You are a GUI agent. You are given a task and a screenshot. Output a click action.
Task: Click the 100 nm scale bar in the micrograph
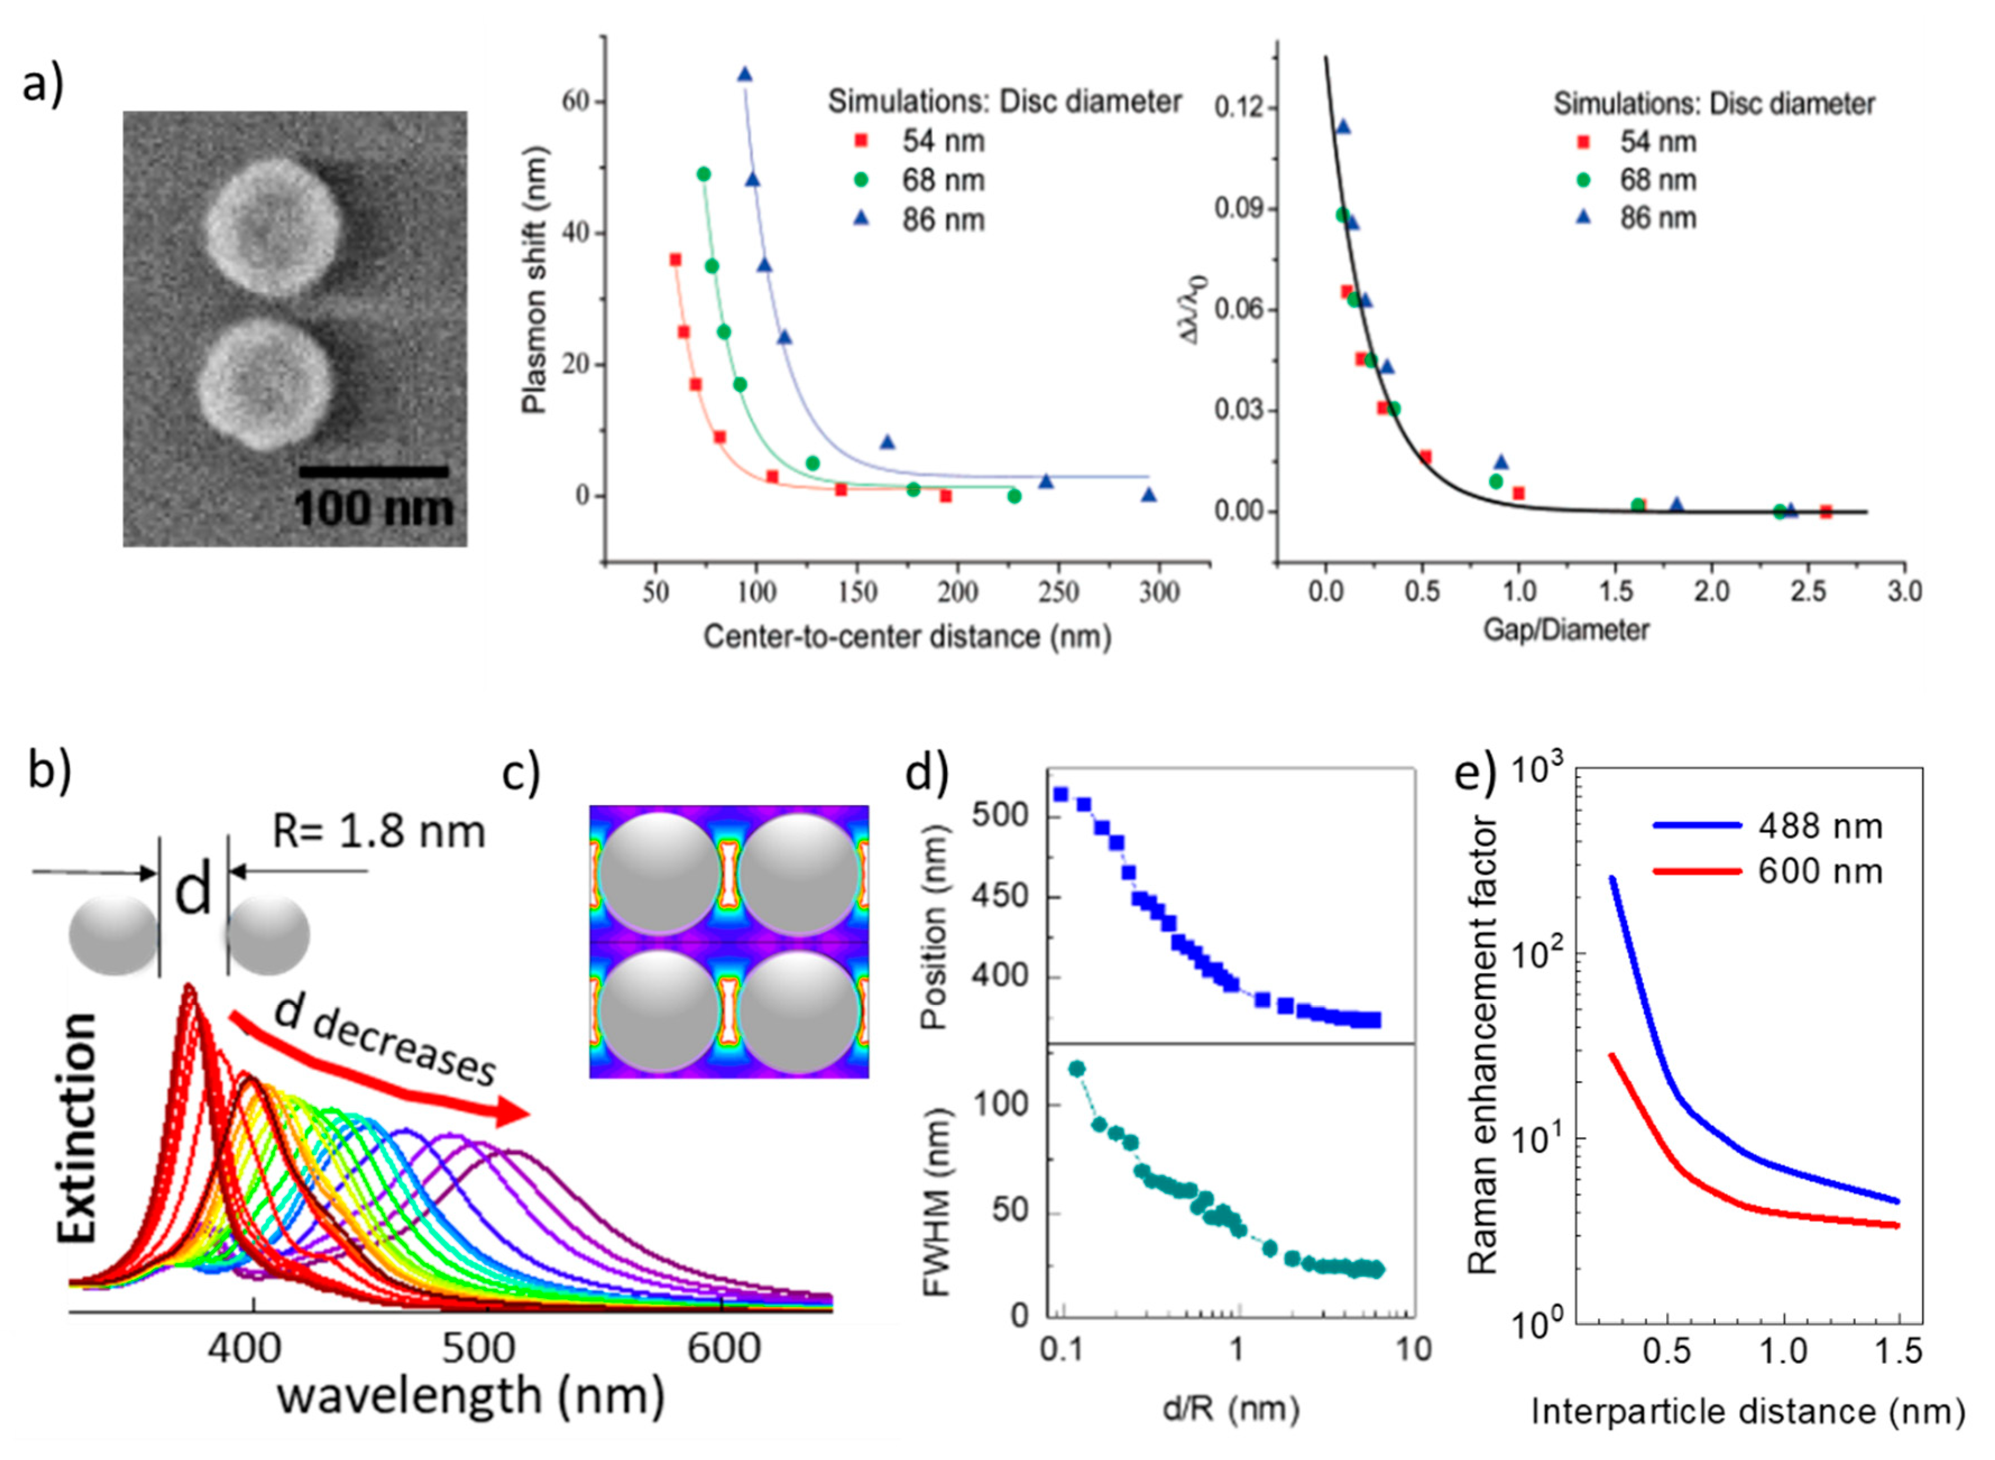click(x=373, y=473)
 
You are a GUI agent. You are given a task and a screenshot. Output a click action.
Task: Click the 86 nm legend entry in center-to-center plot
click(x=919, y=219)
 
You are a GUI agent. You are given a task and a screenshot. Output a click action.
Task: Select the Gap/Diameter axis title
click(x=1566, y=630)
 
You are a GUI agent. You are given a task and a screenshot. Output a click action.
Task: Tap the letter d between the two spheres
click(x=193, y=893)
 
